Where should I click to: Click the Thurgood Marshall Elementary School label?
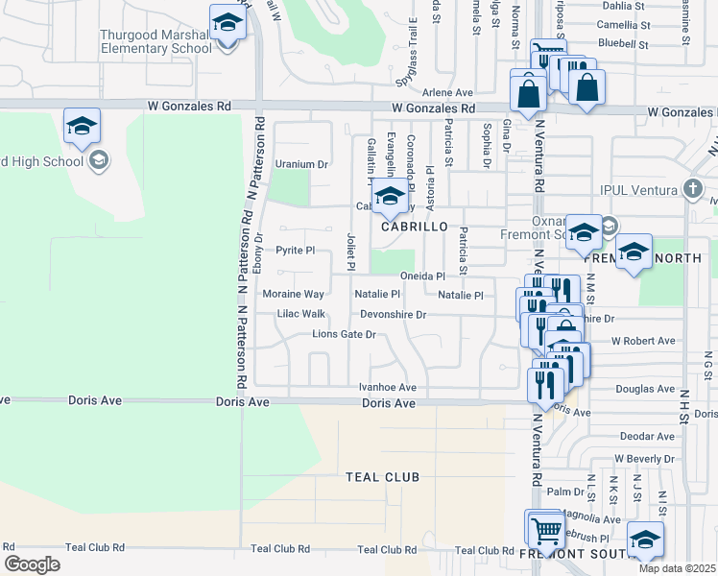click(x=156, y=41)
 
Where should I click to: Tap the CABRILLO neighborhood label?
click(x=414, y=227)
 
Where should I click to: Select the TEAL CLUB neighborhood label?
click(x=383, y=477)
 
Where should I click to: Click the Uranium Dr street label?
click(x=301, y=163)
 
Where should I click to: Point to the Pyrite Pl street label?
click(x=295, y=251)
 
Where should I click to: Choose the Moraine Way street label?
click(x=294, y=294)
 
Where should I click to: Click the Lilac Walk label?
click(x=300, y=314)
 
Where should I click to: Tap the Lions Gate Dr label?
click(x=343, y=335)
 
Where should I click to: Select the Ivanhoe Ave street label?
click(x=387, y=388)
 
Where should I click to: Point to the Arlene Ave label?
click(x=449, y=93)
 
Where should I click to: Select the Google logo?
click(x=32, y=564)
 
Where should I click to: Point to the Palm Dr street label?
click(x=565, y=492)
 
